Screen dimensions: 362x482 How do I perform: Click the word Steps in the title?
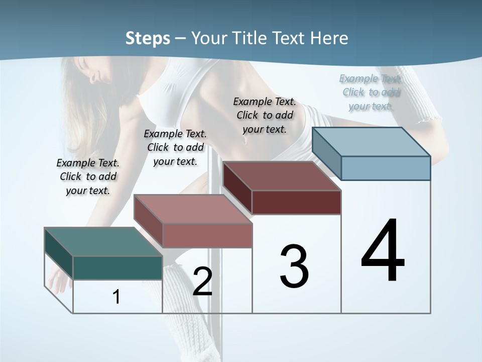coord(148,38)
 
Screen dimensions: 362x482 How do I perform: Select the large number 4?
coord(383,251)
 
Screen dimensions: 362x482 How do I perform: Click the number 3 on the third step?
coord(294,266)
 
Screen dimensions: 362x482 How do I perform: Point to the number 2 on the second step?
coord(202,282)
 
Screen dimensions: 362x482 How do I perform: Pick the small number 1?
coord(116,297)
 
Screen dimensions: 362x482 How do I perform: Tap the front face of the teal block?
coord(117,267)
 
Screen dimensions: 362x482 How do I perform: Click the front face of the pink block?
coord(207,235)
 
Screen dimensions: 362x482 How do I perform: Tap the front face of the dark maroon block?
coord(296,202)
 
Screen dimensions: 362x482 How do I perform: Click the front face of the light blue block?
coord(386,168)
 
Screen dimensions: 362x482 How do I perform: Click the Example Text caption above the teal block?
coord(88,176)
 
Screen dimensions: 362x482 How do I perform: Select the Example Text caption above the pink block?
coord(175,147)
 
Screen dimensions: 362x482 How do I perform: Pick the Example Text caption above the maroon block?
coord(265,115)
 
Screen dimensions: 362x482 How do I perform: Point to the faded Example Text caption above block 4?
coord(371,92)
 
